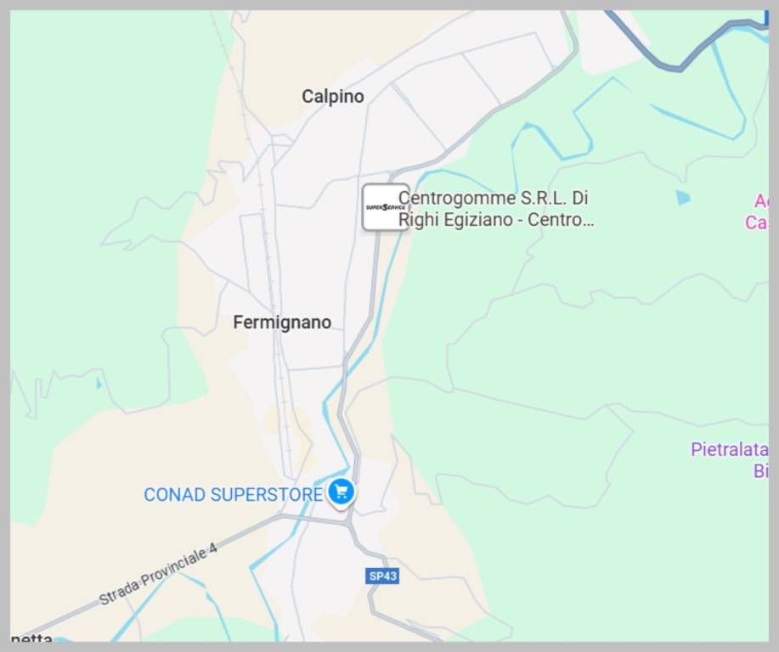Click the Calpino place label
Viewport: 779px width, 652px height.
[332, 97]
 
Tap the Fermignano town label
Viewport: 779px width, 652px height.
[282, 323]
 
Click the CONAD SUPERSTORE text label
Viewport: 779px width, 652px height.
[233, 494]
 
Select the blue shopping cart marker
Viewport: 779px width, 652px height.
[341, 492]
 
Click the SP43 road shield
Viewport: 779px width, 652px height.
[383, 576]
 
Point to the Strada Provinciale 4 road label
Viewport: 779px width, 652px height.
[158, 574]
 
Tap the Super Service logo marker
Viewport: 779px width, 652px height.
[385, 207]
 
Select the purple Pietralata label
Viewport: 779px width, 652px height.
[729, 449]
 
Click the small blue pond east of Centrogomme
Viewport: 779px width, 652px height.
[683, 198]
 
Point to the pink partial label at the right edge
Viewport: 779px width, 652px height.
[758, 212]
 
